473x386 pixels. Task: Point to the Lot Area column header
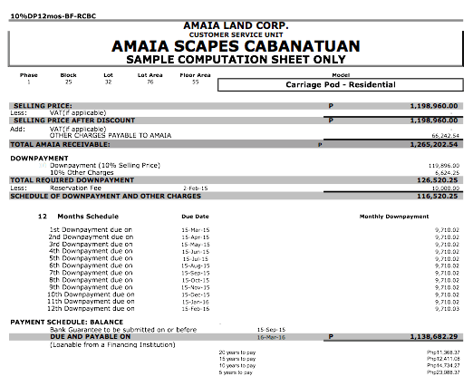click(149, 75)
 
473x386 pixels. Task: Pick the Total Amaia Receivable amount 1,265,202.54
click(435, 144)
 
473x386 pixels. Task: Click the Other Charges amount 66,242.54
click(440, 135)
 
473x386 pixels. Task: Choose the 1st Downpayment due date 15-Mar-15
click(196, 231)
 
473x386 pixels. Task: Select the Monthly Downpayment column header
click(394, 217)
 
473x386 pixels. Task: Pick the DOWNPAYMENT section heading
click(39, 158)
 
